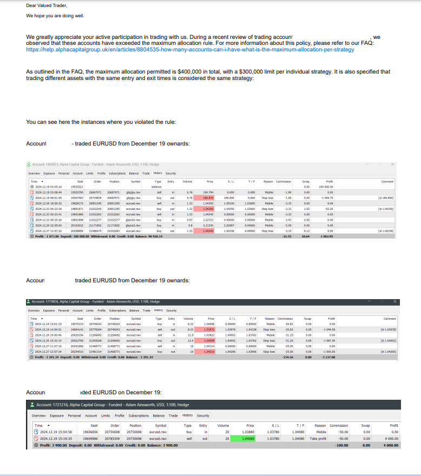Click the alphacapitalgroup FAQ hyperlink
click(190, 49)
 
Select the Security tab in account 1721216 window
click(203, 415)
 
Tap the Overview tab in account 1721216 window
click(38, 415)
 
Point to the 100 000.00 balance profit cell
click(326, 187)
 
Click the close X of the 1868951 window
click(393, 164)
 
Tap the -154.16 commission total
click(286, 357)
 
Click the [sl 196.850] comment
click(386, 198)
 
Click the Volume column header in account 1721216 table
click(223, 426)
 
